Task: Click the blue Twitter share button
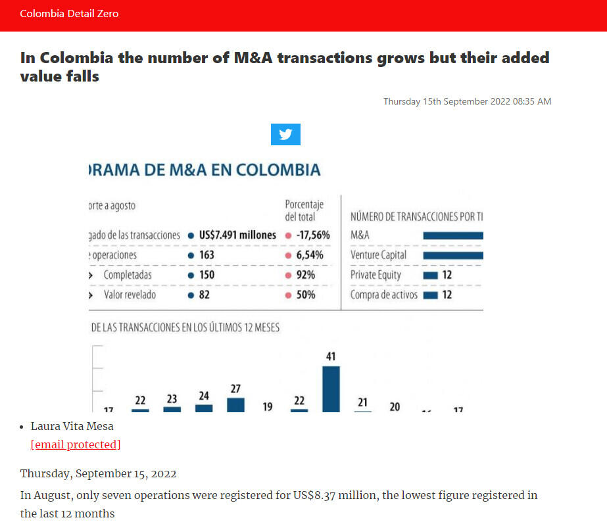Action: click(x=285, y=134)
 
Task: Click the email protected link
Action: click(x=76, y=444)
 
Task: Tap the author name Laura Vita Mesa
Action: click(x=72, y=426)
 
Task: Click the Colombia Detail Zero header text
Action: click(x=69, y=13)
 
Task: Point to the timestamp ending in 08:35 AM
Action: click(x=467, y=101)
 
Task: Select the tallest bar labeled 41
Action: click(x=331, y=389)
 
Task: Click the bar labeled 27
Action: click(x=235, y=404)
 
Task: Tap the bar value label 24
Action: click(x=204, y=396)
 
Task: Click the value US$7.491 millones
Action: click(x=237, y=235)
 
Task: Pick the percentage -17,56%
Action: click(x=313, y=235)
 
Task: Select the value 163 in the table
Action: click(x=206, y=254)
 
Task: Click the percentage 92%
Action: click(x=306, y=275)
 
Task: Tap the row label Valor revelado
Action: click(x=130, y=295)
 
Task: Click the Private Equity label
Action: click(x=376, y=275)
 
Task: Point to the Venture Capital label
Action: click(x=378, y=254)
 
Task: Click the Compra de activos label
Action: click(x=383, y=295)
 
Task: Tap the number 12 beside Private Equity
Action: click(x=447, y=275)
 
